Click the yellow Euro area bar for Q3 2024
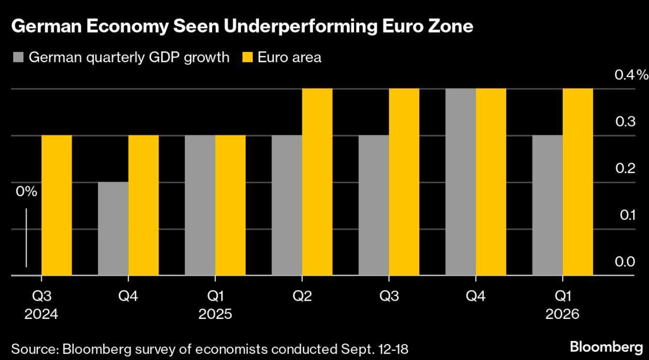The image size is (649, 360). coord(57,205)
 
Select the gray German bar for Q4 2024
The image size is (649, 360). coord(113,229)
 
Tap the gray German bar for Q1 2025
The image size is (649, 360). coord(200,205)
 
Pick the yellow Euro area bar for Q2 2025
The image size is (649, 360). coord(317,182)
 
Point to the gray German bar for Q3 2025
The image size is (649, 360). coord(374,205)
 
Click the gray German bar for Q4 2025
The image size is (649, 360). coord(461,182)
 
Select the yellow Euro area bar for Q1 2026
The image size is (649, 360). coord(578,182)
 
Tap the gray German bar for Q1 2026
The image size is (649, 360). coord(547,205)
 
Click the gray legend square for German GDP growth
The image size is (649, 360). coord(18,58)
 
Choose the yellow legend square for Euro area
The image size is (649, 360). coord(247,58)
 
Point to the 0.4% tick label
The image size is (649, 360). coord(631,75)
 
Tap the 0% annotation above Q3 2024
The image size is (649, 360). coord(26,191)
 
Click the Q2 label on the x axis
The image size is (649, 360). coord(302,296)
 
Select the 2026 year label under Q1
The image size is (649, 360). coord(563,314)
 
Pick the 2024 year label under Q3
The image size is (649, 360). coord(42,314)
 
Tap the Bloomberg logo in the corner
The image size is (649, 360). coord(606,347)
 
